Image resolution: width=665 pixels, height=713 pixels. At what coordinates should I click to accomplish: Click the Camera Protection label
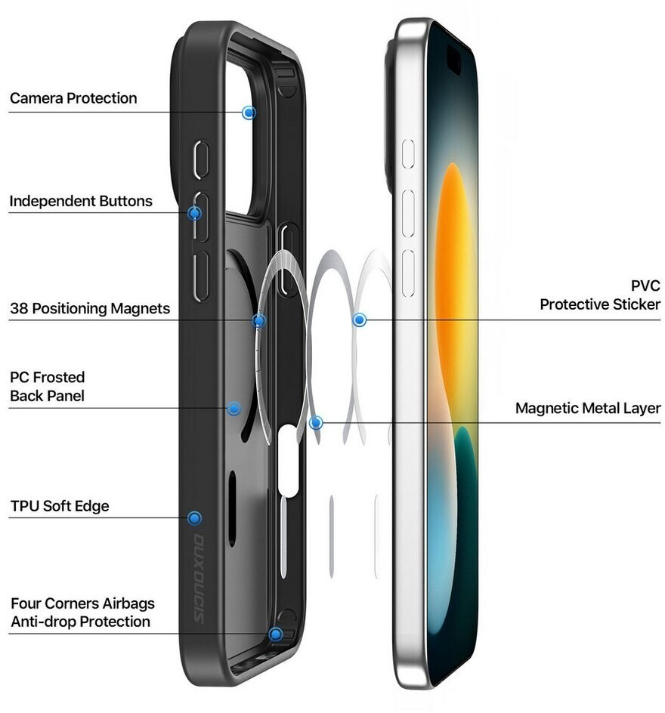(73, 98)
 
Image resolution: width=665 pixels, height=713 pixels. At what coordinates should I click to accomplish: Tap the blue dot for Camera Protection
(249, 113)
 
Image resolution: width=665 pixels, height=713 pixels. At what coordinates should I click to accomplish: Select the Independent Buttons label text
(81, 201)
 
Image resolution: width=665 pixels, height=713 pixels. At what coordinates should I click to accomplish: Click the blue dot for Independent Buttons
(194, 213)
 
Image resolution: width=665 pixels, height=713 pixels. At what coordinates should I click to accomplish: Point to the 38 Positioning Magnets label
(90, 308)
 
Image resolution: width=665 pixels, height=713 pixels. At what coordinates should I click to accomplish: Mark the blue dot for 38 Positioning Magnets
(259, 321)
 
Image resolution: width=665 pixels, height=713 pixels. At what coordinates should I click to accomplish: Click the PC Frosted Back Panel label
(47, 386)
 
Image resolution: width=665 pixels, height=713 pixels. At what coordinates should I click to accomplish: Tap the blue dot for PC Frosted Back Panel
(234, 409)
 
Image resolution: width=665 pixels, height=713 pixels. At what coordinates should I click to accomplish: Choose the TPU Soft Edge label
(60, 506)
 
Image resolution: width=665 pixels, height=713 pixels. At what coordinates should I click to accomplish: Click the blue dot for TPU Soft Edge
(194, 518)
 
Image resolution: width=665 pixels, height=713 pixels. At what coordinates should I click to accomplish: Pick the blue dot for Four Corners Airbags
(276, 634)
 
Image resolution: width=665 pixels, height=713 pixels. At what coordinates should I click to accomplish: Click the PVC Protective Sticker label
(600, 295)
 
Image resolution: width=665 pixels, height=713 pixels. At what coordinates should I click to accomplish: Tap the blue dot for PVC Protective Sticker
(360, 320)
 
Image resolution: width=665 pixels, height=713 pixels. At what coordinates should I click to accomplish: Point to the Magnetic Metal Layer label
(588, 409)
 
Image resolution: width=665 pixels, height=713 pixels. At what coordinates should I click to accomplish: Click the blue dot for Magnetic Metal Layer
(316, 423)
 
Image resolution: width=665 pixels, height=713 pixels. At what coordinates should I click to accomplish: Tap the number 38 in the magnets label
(19, 308)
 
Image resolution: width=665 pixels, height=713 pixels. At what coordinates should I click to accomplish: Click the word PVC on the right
(645, 286)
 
